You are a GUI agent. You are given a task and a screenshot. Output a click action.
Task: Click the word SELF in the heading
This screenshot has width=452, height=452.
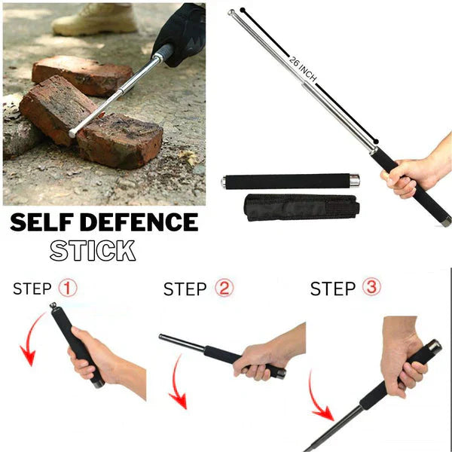click(x=44, y=223)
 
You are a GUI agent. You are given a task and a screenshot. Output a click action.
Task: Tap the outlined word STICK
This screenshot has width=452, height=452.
click(x=93, y=250)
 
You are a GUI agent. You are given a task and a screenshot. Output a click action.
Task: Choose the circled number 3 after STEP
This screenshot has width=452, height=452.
click(x=371, y=288)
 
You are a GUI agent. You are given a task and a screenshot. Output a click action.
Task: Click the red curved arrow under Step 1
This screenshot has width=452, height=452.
click(x=29, y=343)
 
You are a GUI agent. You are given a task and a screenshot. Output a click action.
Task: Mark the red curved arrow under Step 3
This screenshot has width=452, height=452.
click(x=320, y=399)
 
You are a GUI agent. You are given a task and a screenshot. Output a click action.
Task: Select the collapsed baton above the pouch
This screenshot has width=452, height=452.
click(x=290, y=181)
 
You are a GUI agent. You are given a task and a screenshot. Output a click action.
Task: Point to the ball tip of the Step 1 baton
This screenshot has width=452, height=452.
click(x=53, y=307)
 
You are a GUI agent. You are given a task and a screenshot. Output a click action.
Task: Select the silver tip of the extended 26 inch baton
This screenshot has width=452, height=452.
click(x=232, y=12)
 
